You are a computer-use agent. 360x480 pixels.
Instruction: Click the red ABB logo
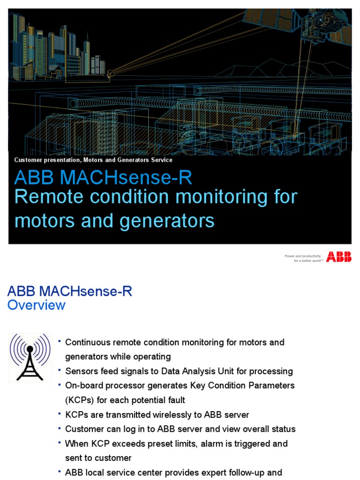pos(339,256)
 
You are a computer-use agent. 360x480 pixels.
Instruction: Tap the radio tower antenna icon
pos(30,357)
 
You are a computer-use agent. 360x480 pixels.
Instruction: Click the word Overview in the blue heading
pos(37,306)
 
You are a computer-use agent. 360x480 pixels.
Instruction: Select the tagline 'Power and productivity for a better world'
pos(302,258)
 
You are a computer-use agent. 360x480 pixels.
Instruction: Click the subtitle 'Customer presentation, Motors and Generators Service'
pos(93,160)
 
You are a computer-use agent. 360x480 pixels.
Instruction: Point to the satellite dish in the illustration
pos(111,73)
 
